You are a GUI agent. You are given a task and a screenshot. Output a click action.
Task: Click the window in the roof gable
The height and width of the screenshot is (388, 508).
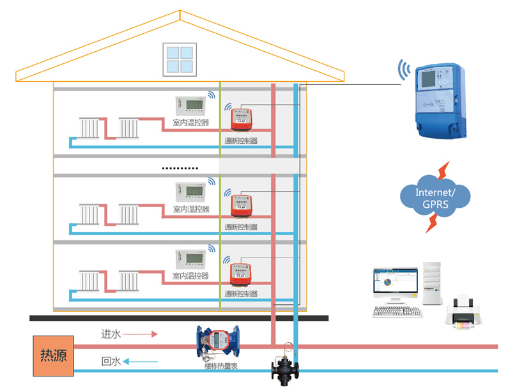coord(178,59)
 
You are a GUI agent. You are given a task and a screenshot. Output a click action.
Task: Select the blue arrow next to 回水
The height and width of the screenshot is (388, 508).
coord(140,362)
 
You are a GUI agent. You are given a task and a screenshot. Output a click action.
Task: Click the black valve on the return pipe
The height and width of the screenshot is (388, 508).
coord(285,367)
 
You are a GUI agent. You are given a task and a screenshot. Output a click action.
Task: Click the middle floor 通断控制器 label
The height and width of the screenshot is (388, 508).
coord(241,227)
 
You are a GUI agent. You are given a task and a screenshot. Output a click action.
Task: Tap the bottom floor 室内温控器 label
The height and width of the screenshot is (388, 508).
coord(190,276)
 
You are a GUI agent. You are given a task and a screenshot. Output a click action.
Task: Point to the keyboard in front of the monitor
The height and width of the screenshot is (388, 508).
coord(397,311)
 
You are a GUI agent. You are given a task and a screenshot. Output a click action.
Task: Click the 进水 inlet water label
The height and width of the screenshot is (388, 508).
coord(111,334)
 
